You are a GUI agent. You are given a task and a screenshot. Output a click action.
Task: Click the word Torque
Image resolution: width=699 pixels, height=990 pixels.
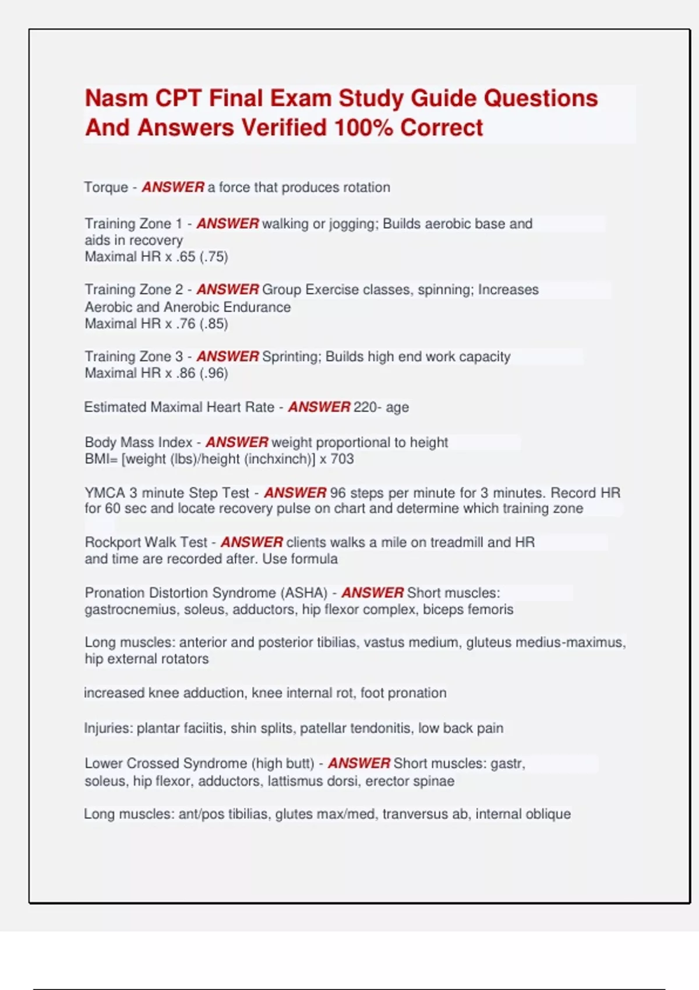106,188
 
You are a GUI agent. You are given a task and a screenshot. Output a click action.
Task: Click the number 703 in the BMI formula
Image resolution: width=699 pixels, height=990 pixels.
342,459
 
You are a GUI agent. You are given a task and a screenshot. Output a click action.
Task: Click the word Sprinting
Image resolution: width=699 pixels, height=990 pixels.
291,356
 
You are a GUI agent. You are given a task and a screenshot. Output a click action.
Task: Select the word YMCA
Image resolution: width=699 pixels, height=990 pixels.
105,493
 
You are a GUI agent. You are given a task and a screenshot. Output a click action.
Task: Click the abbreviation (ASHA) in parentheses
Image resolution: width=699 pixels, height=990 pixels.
303,593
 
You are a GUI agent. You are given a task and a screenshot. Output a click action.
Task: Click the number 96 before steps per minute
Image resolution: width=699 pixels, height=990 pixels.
338,493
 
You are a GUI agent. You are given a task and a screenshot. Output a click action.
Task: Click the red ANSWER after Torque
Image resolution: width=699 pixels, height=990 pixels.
173,188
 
